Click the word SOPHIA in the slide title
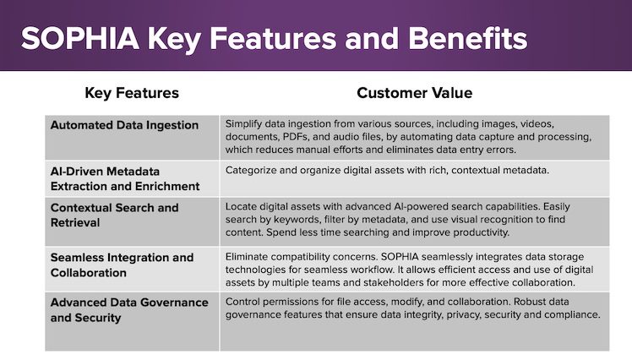tap(80, 38)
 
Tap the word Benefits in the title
tap(467, 38)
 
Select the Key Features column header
tap(132, 93)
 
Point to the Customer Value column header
tap(414, 93)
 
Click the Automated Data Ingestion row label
tap(124, 125)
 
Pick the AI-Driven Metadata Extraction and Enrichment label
tap(125, 179)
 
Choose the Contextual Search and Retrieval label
tap(114, 215)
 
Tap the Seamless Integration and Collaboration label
tap(123, 265)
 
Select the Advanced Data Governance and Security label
tap(129, 310)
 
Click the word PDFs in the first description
tap(296, 137)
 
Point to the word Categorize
tap(251, 171)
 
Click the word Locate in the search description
tap(241, 207)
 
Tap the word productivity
tap(482, 232)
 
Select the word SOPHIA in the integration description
tap(400, 257)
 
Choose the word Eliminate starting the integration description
tap(247, 257)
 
